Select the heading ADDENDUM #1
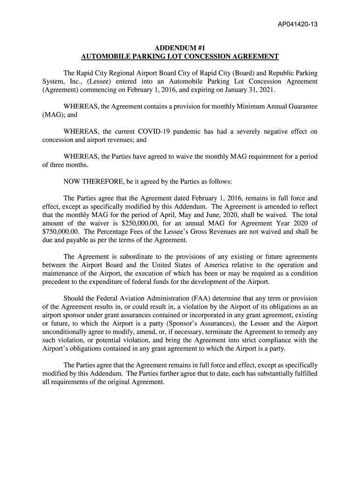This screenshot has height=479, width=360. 180,48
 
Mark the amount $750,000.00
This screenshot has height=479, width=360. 60,231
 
